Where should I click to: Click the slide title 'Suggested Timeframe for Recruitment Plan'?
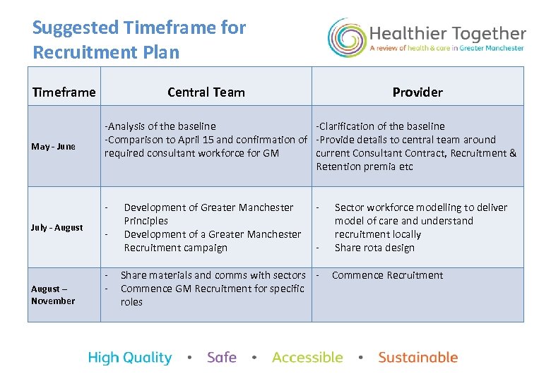coord(139,40)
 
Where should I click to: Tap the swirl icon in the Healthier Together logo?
coord(346,37)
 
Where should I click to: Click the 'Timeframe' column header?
coord(64,92)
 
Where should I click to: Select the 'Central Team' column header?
coord(206,92)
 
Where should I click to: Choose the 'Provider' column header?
coord(417,92)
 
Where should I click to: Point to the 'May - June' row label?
coord(53,147)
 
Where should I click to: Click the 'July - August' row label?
coord(57,227)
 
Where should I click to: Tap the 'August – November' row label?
coord(53,295)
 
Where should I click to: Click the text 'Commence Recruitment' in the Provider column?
coord(387,275)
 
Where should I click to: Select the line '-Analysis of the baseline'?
coord(160,126)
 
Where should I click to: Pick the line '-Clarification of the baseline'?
coord(380,126)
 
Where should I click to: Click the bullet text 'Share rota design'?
coord(374,248)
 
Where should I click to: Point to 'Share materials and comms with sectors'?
coord(213,275)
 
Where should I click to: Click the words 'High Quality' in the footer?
coord(130,358)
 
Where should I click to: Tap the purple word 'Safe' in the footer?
coord(222,358)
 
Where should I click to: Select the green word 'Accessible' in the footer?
coord(307,358)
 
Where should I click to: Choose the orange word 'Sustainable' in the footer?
coord(418,358)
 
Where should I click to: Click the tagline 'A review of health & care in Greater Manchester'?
coord(447,49)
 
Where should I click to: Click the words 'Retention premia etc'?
coord(365,167)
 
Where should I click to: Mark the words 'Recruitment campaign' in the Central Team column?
coord(176,248)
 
